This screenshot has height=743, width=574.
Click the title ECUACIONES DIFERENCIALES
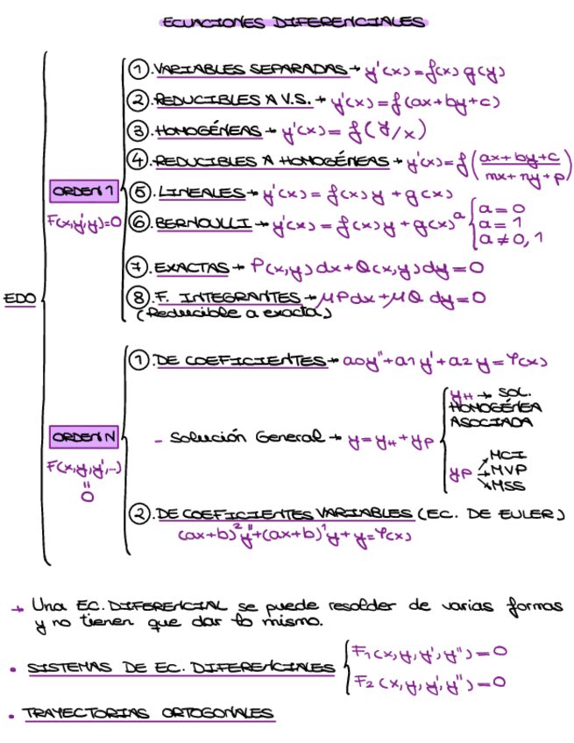click(293, 23)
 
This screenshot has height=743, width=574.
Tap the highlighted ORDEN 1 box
click(83, 192)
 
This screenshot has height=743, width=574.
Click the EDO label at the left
click(19, 299)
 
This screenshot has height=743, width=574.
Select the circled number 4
click(138, 160)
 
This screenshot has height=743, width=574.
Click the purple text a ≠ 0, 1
click(507, 238)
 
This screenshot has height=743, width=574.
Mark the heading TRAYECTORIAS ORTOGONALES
click(147, 715)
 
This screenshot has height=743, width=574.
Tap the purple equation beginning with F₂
click(429, 682)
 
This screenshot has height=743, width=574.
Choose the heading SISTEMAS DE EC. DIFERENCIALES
click(181, 669)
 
